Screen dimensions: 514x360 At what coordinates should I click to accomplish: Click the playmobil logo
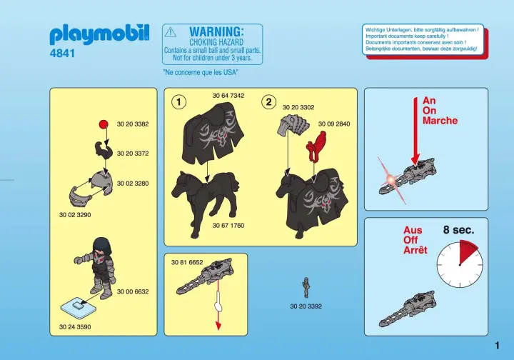pyautogui.click(x=99, y=34)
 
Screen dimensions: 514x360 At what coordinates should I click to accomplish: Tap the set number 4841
pyautogui.click(x=62, y=53)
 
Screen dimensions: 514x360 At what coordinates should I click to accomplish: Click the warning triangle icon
pyautogui.click(x=171, y=32)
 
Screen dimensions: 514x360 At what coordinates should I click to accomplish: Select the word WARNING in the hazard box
pyautogui.click(x=217, y=32)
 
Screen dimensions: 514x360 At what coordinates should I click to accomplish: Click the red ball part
pyautogui.click(x=104, y=124)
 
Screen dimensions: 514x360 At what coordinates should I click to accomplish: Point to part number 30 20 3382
pyautogui.click(x=133, y=124)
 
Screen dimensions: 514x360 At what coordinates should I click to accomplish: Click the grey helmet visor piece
pyautogui.click(x=79, y=196)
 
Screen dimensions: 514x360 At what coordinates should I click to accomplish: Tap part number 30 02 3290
pyautogui.click(x=75, y=215)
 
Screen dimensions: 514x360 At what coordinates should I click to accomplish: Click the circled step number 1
pyautogui.click(x=178, y=102)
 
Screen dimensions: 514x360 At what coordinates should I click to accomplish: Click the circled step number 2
pyautogui.click(x=269, y=102)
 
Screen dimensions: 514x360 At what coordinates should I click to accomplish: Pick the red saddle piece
pyautogui.click(x=316, y=146)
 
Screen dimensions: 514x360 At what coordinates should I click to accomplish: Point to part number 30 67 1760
pyautogui.click(x=228, y=226)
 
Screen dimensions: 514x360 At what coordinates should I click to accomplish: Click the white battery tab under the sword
pyautogui.click(x=218, y=306)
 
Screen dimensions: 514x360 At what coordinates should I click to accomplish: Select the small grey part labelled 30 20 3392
pyautogui.click(x=306, y=288)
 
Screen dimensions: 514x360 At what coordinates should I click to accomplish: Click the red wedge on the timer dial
pyautogui.click(x=466, y=251)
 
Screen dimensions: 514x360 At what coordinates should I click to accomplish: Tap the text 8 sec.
pyautogui.click(x=458, y=230)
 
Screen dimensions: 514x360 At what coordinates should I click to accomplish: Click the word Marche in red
pyautogui.click(x=440, y=121)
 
